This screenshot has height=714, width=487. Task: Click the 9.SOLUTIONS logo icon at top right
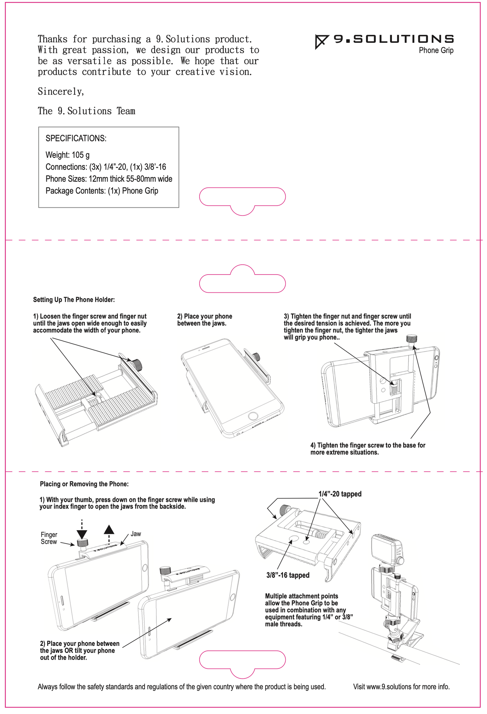[x=322, y=41]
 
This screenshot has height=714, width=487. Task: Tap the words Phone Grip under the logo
[x=436, y=51]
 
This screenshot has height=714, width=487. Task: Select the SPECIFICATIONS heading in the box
[x=76, y=139]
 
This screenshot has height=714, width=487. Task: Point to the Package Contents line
[x=102, y=191]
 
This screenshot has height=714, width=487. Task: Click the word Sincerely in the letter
[x=61, y=92]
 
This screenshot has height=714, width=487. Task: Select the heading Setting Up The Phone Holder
[x=74, y=300]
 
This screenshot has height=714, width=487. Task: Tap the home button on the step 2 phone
[x=253, y=416]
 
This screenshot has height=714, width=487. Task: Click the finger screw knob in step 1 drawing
[x=137, y=364]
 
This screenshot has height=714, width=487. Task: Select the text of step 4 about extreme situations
[x=367, y=449]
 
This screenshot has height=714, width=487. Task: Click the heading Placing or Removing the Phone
[x=84, y=484]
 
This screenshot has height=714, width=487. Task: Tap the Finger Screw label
[x=49, y=538]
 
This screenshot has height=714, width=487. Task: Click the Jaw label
[x=136, y=534]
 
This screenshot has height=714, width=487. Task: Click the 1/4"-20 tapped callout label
[x=340, y=494]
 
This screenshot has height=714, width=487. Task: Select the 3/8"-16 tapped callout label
[x=288, y=575]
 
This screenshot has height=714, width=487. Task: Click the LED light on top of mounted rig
[x=386, y=550]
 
